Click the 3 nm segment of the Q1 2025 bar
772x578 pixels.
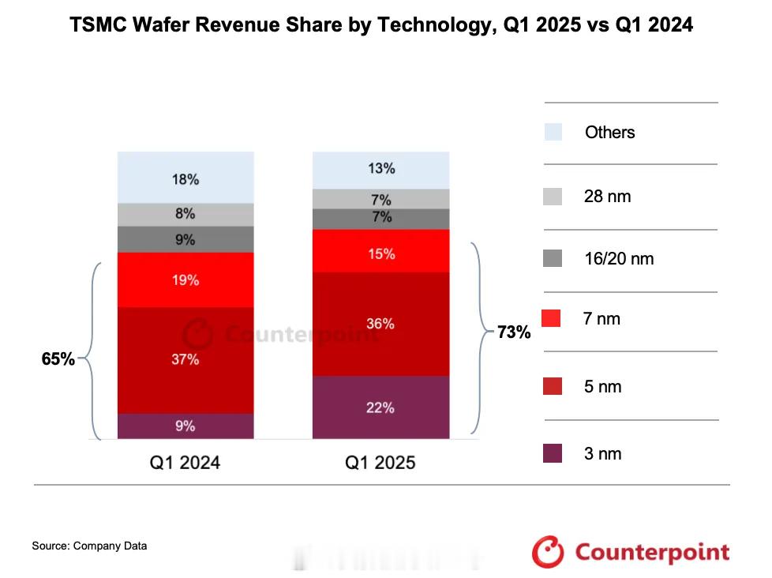pyautogui.click(x=380, y=407)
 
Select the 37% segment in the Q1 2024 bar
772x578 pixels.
pyautogui.click(x=186, y=360)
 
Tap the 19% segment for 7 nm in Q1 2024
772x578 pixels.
pyautogui.click(x=186, y=280)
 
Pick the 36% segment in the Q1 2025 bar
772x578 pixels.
pyautogui.click(x=380, y=324)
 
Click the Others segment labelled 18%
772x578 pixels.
pyautogui.click(x=186, y=178)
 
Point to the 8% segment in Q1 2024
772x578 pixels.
pyautogui.click(x=186, y=214)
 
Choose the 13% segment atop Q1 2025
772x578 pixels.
pyautogui.click(x=380, y=169)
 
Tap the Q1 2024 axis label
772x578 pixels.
pyautogui.click(x=186, y=463)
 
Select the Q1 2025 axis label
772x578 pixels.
pyautogui.click(x=380, y=463)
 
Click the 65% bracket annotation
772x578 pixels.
pyautogui.click(x=58, y=359)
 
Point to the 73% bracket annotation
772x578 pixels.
pyautogui.click(x=514, y=332)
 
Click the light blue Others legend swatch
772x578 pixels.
pyautogui.click(x=553, y=132)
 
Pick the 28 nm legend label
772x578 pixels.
pyautogui.click(x=608, y=197)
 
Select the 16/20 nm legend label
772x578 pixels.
pyautogui.click(x=619, y=258)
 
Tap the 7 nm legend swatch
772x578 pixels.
pyautogui.click(x=553, y=319)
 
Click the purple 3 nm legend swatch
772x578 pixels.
pyautogui.click(x=553, y=453)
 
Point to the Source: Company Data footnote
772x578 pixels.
pyautogui.click(x=89, y=546)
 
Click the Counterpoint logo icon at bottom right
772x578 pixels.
pyautogui.click(x=548, y=551)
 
